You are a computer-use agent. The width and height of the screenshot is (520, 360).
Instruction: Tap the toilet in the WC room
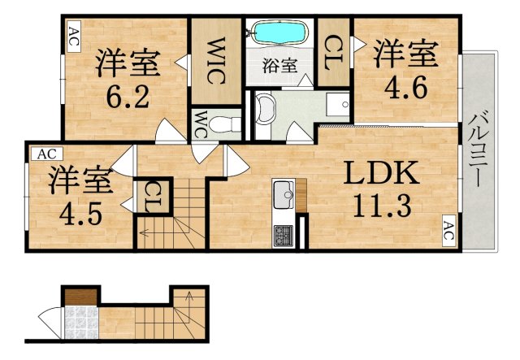(x=229, y=123)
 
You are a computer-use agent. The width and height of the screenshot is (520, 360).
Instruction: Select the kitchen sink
(x=284, y=194)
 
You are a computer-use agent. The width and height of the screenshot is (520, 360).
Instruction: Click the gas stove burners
(x=284, y=236)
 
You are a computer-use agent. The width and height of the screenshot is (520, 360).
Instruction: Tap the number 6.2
(x=127, y=98)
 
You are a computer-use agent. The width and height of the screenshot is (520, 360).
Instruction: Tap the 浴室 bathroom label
(x=280, y=67)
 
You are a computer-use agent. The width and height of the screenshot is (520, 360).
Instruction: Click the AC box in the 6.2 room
(x=73, y=36)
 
